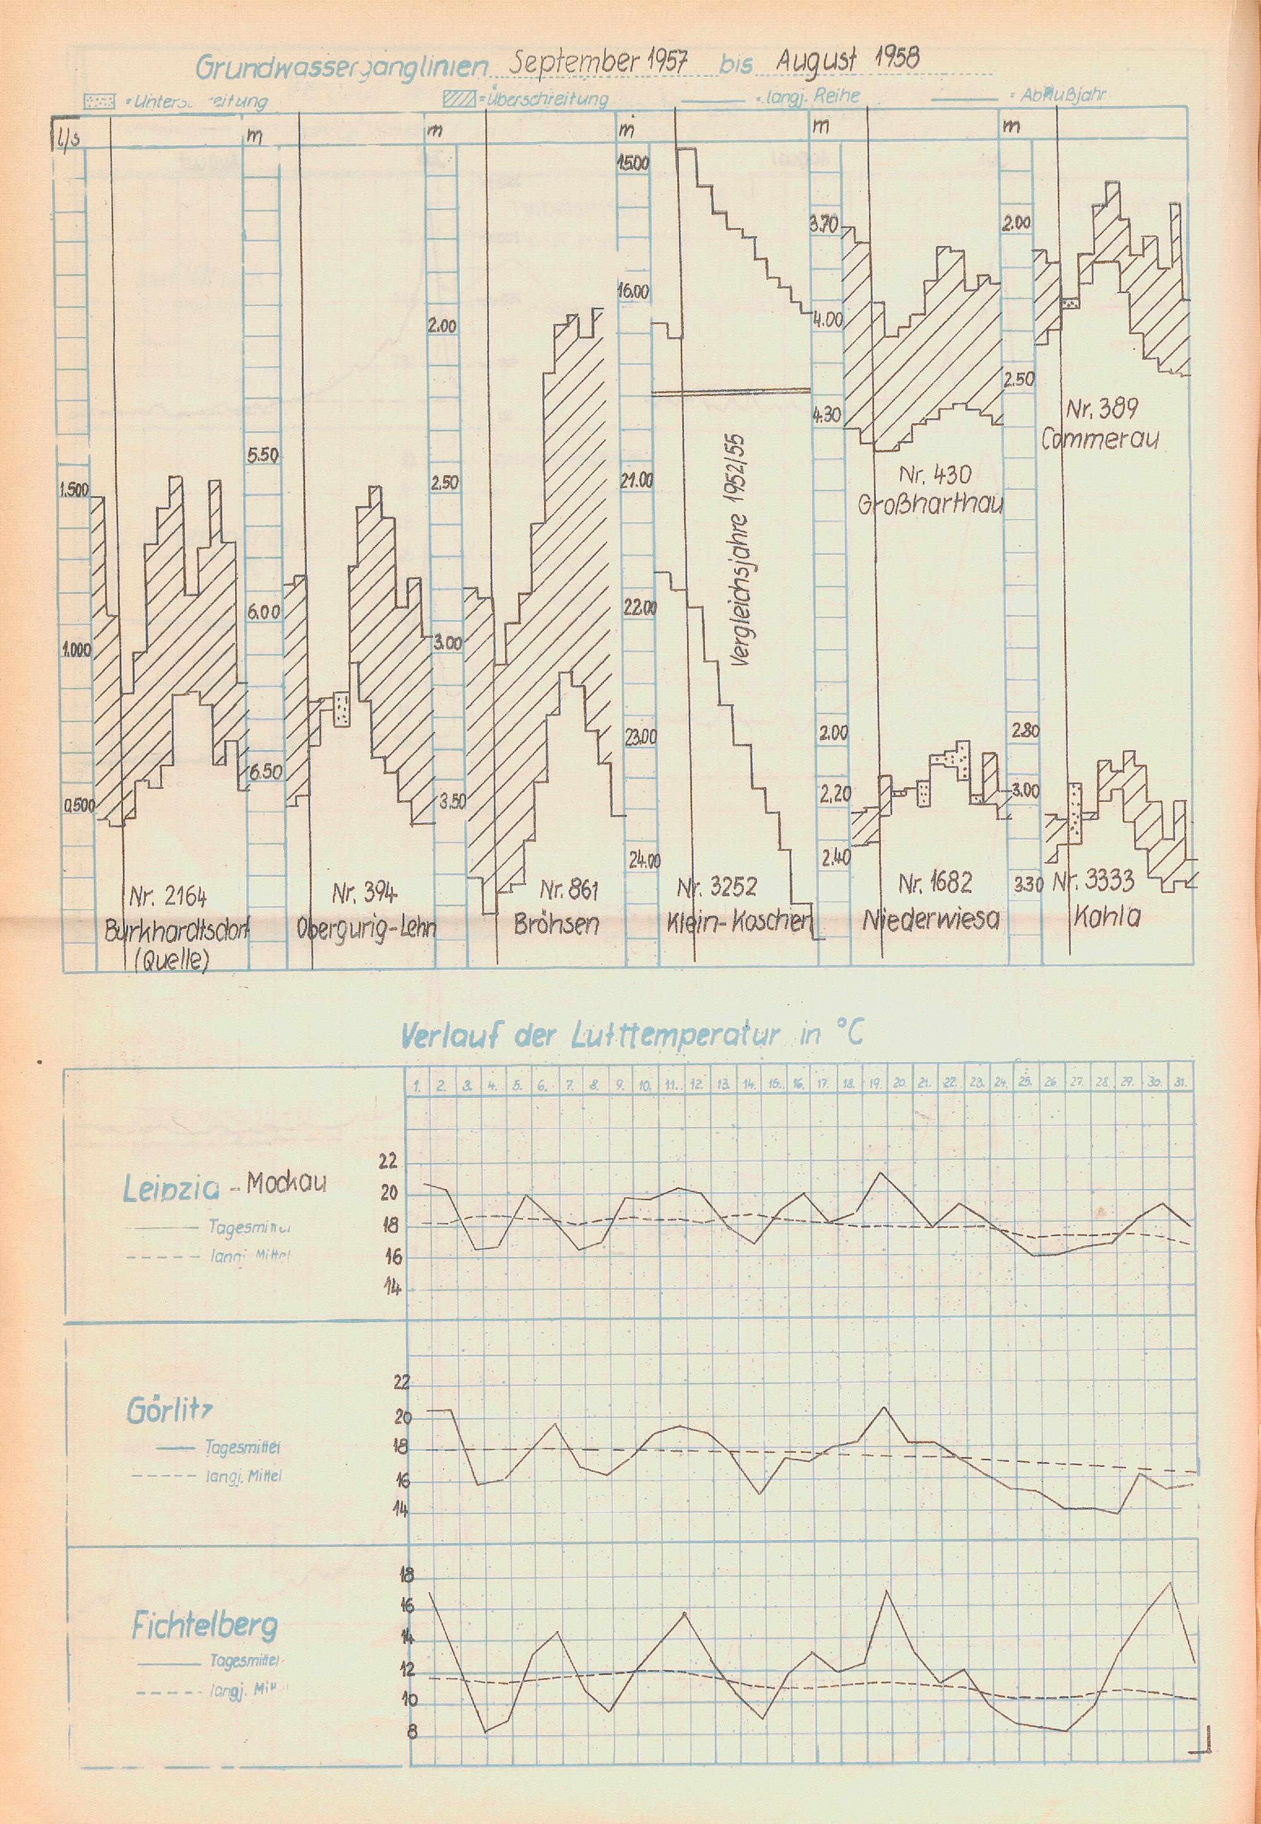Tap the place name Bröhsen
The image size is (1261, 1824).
click(x=556, y=925)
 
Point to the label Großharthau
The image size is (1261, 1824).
click(x=930, y=503)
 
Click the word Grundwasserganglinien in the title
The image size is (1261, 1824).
click(x=340, y=67)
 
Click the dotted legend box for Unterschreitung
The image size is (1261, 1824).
click(x=100, y=101)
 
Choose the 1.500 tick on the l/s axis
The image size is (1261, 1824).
click(x=75, y=490)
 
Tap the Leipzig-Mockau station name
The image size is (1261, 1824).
click(x=224, y=1186)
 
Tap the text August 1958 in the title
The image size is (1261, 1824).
click(x=849, y=59)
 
